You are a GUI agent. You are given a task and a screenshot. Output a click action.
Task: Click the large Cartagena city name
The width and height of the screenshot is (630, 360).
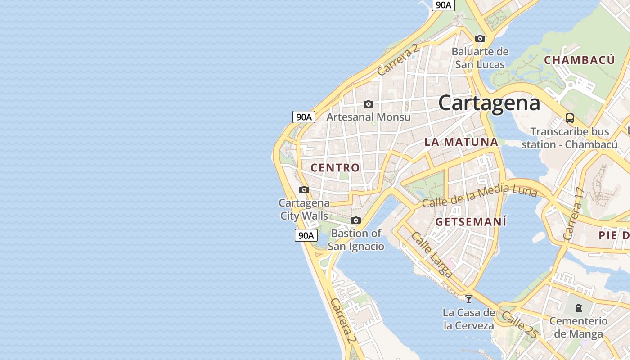(x=489, y=103)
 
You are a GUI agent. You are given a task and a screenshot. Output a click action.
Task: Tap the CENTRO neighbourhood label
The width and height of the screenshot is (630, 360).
(x=335, y=168)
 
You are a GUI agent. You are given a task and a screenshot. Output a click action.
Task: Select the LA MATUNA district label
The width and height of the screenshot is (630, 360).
(x=461, y=142)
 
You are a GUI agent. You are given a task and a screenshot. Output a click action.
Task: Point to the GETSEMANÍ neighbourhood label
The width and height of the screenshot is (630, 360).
(x=471, y=222)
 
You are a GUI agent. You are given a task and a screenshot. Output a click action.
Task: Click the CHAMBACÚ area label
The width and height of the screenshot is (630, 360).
(x=579, y=60)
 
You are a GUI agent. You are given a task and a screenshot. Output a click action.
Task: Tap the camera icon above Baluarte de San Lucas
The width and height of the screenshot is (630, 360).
(x=480, y=39)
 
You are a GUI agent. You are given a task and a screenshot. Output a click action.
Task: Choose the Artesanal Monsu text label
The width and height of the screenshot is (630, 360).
(x=369, y=117)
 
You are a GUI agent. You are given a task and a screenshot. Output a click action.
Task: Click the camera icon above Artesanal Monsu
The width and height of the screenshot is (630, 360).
(x=369, y=104)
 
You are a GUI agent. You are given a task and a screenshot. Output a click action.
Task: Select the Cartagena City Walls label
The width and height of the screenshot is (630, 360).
(x=304, y=209)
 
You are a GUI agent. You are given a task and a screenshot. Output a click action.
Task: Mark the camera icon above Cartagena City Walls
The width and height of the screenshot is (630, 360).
(x=304, y=189)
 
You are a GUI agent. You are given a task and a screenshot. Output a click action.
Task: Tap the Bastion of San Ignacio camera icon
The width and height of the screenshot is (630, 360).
(x=356, y=220)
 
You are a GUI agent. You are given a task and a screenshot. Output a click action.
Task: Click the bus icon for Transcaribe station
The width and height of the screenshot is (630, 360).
(x=570, y=118)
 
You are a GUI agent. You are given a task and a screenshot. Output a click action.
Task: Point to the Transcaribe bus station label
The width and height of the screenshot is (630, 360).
(x=570, y=138)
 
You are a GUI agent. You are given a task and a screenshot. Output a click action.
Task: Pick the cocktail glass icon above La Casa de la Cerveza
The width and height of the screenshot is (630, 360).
(x=469, y=299)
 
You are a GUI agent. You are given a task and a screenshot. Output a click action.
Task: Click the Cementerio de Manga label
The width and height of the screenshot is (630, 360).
(x=578, y=327)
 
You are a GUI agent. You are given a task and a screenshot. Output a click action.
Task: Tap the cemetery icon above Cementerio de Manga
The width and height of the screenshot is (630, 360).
(x=578, y=308)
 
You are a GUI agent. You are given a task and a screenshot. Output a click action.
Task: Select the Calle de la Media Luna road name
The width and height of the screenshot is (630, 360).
(x=480, y=196)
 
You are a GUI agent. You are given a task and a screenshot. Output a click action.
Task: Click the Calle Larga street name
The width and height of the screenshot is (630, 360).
(x=432, y=255)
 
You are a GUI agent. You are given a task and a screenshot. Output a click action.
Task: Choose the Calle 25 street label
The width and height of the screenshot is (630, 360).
(x=520, y=324)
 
